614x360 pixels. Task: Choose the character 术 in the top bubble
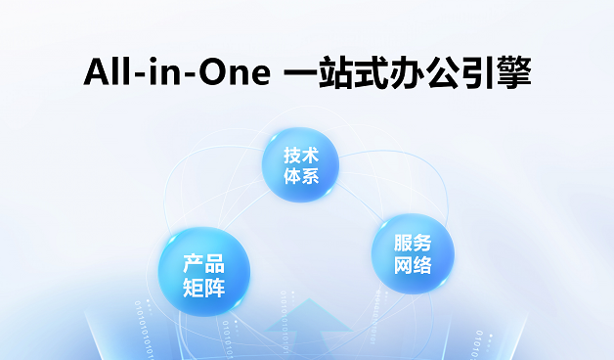click(310, 157)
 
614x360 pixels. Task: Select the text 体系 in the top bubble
click(301, 177)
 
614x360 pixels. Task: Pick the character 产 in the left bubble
click(194, 263)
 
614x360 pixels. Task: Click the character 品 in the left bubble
click(215, 263)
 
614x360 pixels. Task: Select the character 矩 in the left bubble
click(194, 287)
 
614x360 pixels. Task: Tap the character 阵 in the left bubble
click(215, 287)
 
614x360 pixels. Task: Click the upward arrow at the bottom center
click(312, 323)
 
